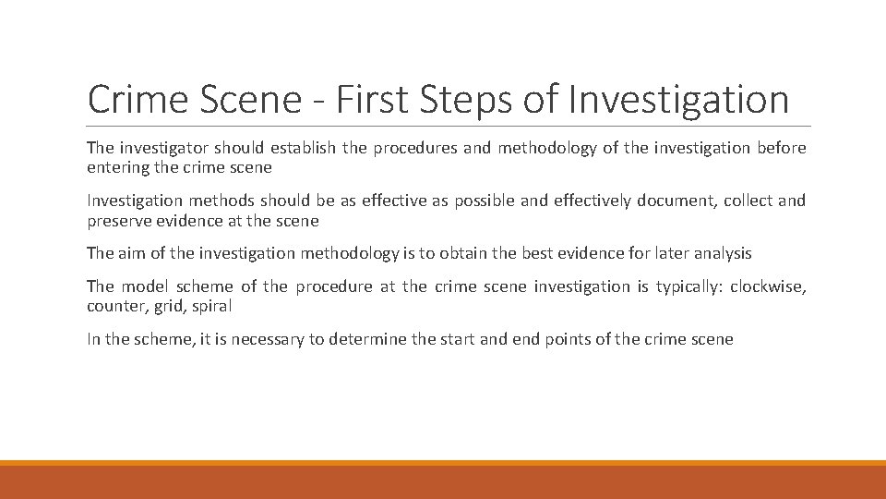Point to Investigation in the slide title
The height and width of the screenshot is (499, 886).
pyautogui.click(x=678, y=100)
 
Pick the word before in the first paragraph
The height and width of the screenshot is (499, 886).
pyautogui.click(x=782, y=148)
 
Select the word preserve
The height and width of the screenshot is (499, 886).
pyautogui.click(x=119, y=221)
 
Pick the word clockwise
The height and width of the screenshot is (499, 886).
pyautogui.click(x=768, y=286)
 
